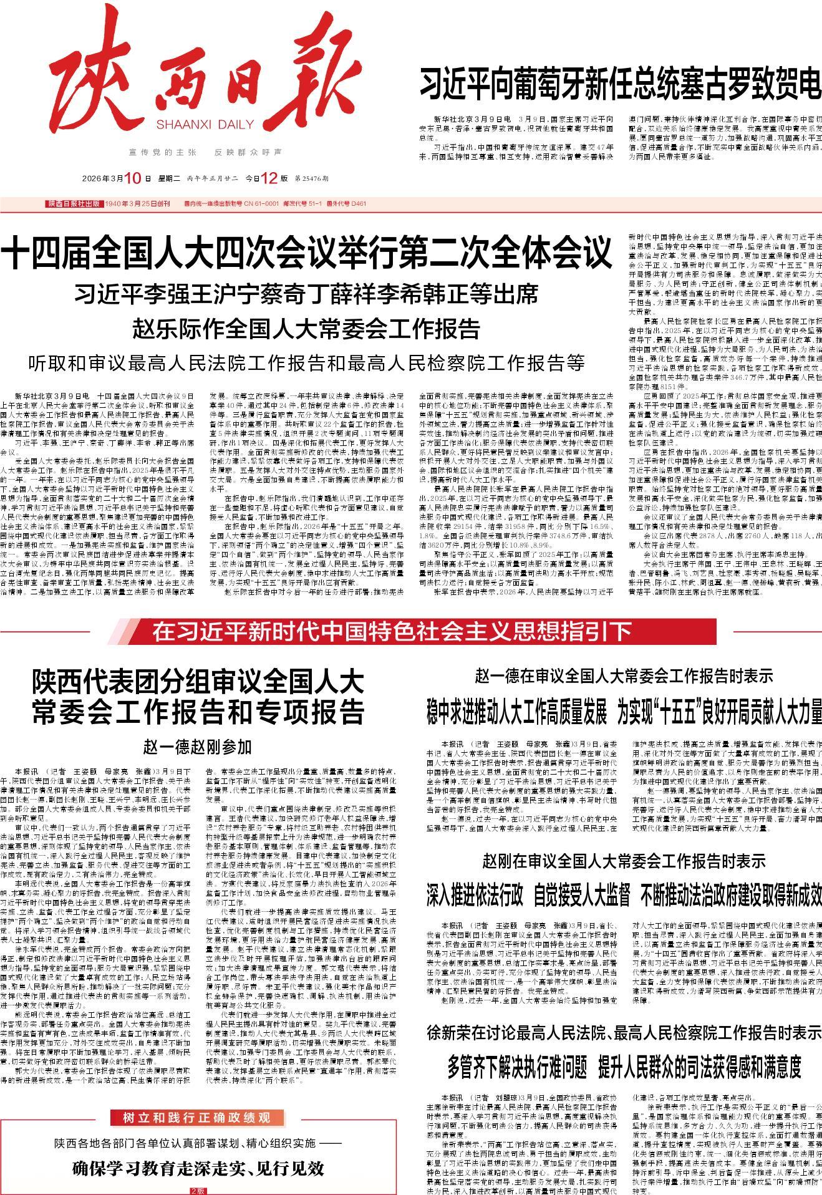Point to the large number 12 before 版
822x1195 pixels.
click(x=269, y=179)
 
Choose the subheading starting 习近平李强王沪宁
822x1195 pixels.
click(x=306, y=294)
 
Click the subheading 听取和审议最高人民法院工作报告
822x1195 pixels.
click(x=306, y=362)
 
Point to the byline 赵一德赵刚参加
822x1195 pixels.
click(x=198, y=746)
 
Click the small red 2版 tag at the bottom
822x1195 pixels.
click(x=198, y=1190)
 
